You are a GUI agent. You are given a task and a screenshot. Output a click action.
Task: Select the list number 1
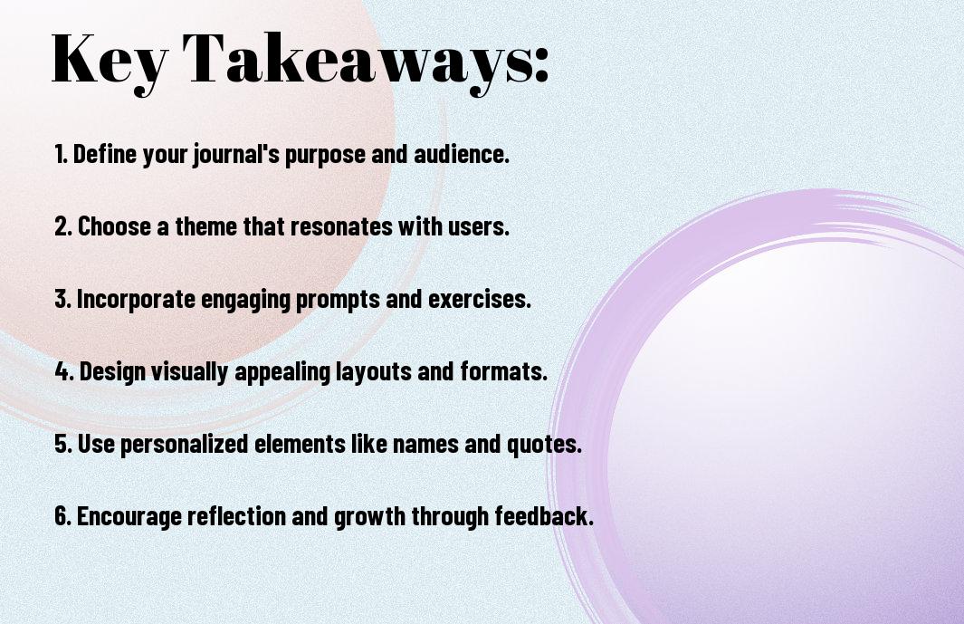tap(61, 154)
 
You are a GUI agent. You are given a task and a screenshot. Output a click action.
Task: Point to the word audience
tap(461, 154)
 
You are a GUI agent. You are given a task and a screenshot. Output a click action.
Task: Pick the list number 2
tap(63, 226)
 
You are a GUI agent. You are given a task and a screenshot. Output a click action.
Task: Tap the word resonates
tap(341, 226)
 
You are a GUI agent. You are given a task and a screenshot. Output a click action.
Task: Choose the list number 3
tap(62, 299)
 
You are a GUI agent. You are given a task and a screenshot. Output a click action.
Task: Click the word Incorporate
tap(136, 300)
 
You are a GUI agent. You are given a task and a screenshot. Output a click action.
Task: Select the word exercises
tap(479, 299)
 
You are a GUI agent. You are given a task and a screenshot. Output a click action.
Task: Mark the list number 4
tap(64, 371)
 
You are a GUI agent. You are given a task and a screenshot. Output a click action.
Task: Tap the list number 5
tap(63, 444)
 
